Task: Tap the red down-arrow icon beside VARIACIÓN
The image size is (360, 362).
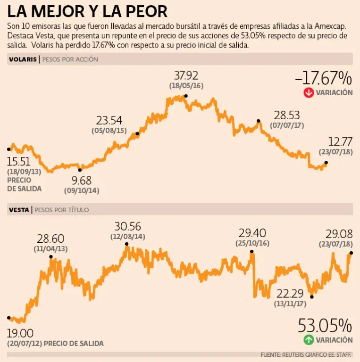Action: [309, 92]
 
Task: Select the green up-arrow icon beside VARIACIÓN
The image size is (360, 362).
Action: [309, 339]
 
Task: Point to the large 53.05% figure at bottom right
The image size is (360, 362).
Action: [325, 326]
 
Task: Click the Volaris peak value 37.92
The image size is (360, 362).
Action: [186, 75]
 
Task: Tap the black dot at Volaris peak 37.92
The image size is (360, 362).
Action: [186, 96]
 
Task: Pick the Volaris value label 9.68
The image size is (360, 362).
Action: [81, 181]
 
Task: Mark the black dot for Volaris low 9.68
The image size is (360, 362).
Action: [80, 170]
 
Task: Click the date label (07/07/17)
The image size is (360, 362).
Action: [287, 126]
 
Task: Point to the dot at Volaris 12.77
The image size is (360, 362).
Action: [326, 163]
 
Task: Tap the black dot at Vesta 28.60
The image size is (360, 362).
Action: [50, 257]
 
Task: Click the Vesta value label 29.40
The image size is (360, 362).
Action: [252, 232]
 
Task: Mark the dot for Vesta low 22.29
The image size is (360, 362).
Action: [311, 296]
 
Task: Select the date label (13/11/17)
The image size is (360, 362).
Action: [291, 304]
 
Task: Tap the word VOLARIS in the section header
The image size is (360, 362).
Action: [22, 59]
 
